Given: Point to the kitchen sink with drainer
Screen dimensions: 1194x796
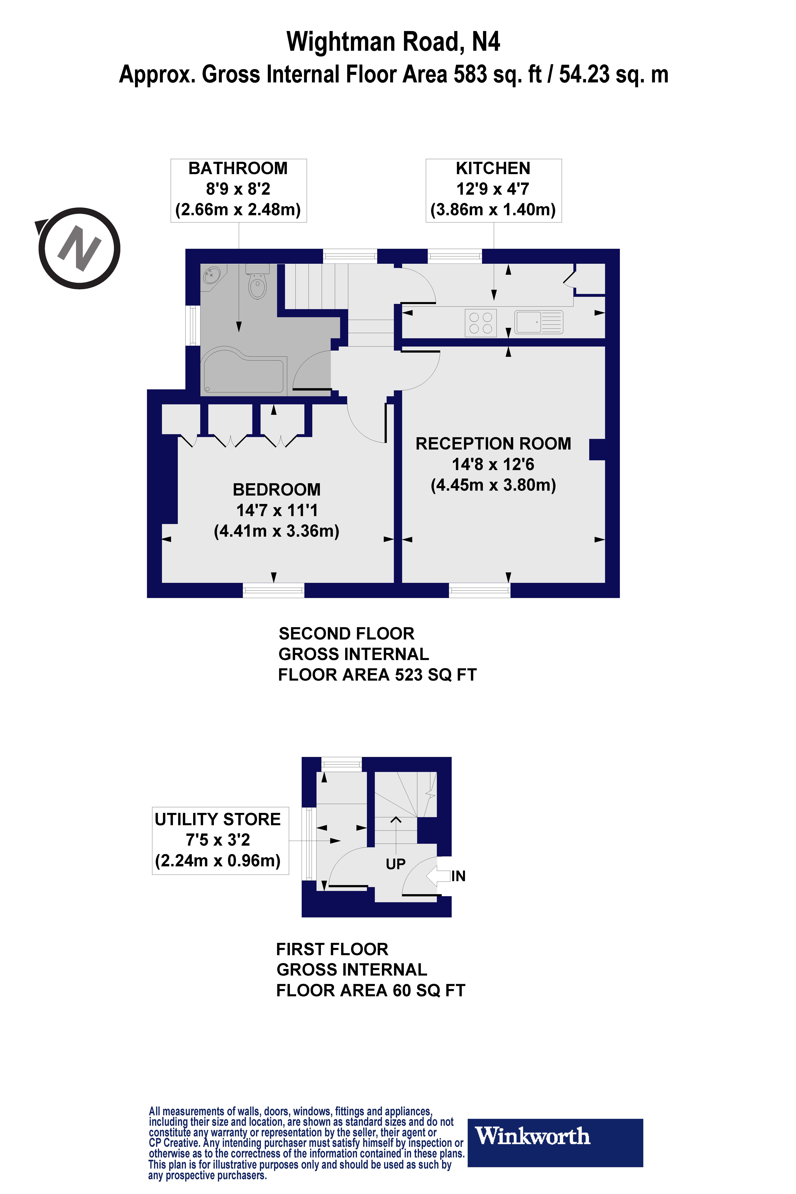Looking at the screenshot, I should click(x=539, y=322).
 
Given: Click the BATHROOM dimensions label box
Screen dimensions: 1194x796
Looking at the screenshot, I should click(x=238, y=190).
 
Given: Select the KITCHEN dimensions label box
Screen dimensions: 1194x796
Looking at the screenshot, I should click(x=493, y=190).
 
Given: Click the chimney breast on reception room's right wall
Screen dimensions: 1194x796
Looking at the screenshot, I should click(x=597, y=449).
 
